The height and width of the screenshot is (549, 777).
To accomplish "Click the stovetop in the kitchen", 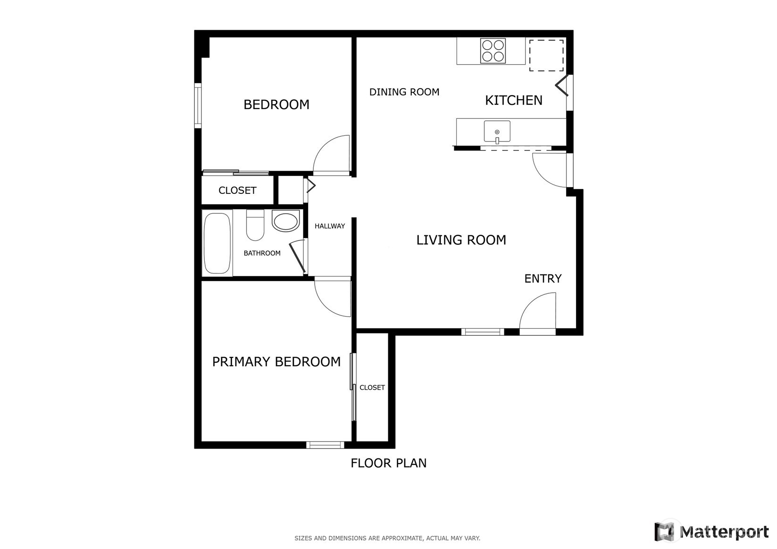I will coord(493,51).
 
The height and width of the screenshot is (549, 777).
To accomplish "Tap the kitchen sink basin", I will coord(497,131).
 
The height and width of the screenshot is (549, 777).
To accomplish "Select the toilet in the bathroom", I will coord(255,225).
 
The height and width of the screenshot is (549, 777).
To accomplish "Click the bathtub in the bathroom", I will coord(217,243).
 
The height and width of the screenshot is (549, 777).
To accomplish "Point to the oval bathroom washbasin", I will coord(286,221).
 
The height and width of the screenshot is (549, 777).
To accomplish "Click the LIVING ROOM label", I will coord(461,240).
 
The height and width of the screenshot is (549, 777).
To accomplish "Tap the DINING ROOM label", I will coord(404,92).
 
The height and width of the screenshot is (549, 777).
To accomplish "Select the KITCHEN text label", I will coord(513,100).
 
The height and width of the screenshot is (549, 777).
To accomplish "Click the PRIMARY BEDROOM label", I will coord(276,362).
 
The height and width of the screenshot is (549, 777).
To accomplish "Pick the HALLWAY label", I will coord(330,226).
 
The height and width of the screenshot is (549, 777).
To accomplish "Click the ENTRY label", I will coord(543,279).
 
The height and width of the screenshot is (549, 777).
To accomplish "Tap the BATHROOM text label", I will coord(262,253).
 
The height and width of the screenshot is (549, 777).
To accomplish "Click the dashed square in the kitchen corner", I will coord(546,56).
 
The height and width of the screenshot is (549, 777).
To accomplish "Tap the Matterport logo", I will coord(711,532).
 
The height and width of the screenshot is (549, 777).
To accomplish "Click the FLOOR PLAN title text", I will coord(388,463).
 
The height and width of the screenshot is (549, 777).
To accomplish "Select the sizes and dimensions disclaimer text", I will coord(387,538).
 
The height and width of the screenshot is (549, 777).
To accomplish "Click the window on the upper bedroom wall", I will coord(198,106).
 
